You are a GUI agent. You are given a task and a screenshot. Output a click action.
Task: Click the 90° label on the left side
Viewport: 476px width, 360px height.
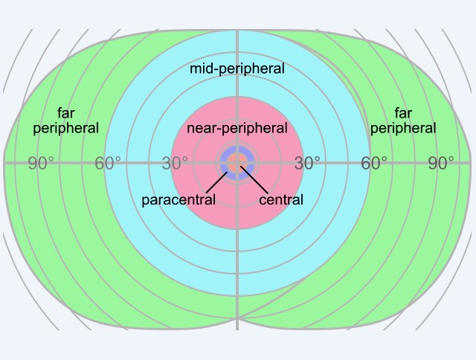pos(41,164)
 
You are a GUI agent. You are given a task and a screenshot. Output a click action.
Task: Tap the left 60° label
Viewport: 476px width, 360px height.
pos(108,164)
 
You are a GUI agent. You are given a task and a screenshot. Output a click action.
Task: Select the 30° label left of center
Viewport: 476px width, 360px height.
pos(175,164)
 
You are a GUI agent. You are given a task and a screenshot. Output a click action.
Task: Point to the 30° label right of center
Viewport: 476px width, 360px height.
pos(307,164)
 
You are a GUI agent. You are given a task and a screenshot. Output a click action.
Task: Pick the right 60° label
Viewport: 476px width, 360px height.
pos(374,164)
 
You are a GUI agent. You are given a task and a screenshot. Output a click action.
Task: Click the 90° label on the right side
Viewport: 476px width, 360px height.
pos(441,164)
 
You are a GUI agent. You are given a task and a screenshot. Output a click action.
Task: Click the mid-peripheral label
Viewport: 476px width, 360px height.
pos(237,68)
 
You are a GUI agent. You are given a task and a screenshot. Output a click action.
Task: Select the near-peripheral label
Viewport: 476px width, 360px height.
pos(237,128)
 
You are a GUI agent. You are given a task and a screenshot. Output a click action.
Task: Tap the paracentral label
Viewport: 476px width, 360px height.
pos(178,199)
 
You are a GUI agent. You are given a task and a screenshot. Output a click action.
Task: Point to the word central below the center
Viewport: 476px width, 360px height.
pos(281,199)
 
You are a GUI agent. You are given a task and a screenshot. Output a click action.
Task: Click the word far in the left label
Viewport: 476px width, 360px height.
pos(65,113)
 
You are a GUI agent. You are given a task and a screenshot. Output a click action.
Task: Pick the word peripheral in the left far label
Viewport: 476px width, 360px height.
pos(65,128)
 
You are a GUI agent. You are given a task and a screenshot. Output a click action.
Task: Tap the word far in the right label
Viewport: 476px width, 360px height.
pos(403,113)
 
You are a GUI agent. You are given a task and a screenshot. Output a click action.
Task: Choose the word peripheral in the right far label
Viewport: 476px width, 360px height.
pos(403,128)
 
